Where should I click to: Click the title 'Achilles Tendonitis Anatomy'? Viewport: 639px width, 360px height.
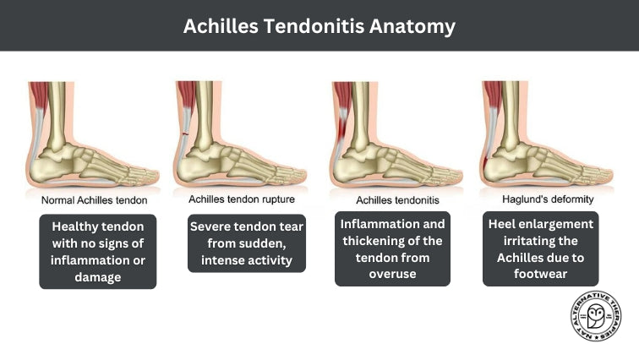pos(319,26)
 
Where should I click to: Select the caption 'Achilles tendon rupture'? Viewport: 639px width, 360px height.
pos(245,201)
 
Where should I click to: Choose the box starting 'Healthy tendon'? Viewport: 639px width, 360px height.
pos(99,252)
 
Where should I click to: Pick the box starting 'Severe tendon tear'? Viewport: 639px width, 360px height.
pos(247,242)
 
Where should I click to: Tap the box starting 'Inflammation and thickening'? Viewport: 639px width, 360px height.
pos(393,248)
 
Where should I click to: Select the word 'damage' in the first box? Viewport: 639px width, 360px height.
pos(99,276)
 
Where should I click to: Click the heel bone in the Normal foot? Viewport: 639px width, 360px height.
pos(46,165)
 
